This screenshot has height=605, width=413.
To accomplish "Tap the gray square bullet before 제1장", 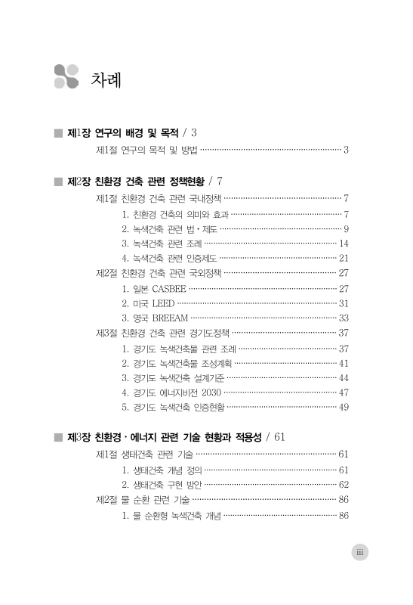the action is [58, 132].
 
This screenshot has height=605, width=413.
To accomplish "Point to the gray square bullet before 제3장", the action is [58, 437].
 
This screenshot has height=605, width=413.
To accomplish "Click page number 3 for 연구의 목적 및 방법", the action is [345, 150].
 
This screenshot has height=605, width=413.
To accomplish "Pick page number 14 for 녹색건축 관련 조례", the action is [344, 243].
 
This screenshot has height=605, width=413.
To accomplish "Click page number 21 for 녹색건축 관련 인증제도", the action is [344, 258].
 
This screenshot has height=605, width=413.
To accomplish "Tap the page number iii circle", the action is [360, 553].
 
